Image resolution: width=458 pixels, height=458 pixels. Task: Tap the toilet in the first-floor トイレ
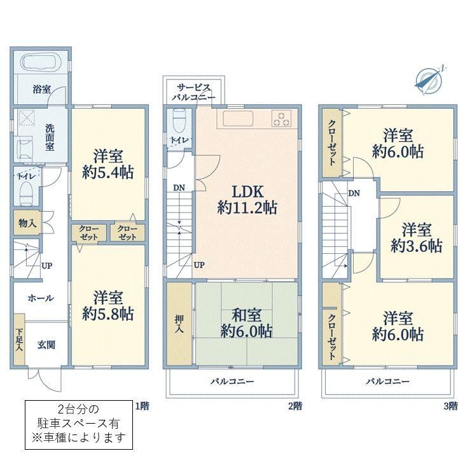26,193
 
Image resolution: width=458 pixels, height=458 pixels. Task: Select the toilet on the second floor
179,121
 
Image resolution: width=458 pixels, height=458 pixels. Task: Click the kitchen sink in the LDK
238,118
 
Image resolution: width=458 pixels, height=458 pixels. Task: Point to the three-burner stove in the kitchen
281,118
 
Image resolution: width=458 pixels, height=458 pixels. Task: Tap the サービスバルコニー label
193,92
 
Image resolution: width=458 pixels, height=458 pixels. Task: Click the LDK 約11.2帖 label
247,200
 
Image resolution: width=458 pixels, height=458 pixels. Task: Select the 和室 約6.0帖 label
246,323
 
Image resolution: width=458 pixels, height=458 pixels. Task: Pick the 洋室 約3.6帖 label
416,238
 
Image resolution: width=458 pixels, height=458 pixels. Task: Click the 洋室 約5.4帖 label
108,164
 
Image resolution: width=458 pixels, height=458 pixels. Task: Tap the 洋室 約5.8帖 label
108,305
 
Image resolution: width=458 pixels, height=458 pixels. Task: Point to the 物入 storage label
27,223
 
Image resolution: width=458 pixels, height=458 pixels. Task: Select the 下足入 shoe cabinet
19,340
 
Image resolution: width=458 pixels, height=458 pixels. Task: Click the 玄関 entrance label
46,345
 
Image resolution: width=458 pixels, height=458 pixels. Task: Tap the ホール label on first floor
41,298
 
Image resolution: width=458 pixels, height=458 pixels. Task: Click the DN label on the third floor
354,193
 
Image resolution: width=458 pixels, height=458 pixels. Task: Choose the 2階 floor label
295,406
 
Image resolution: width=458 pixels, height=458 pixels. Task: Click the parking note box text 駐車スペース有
79,423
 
